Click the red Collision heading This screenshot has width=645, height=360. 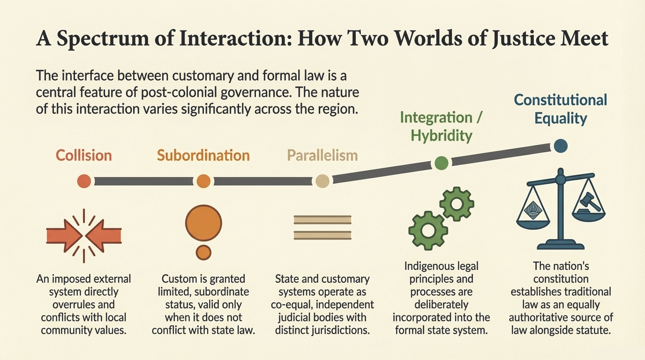84,156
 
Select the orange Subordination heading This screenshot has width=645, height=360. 203,156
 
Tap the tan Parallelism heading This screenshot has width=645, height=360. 322,156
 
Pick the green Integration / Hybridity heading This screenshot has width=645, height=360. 441,126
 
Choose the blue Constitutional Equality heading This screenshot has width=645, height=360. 561,109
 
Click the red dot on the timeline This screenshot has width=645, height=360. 84,181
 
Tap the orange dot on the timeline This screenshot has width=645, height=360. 203,181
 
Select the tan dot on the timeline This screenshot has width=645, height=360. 322,181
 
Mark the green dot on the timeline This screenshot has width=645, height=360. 441,163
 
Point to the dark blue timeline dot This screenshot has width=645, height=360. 561,146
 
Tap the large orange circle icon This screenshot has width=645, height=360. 203,222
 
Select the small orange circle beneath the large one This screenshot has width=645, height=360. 203,252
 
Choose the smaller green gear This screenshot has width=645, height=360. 457,203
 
